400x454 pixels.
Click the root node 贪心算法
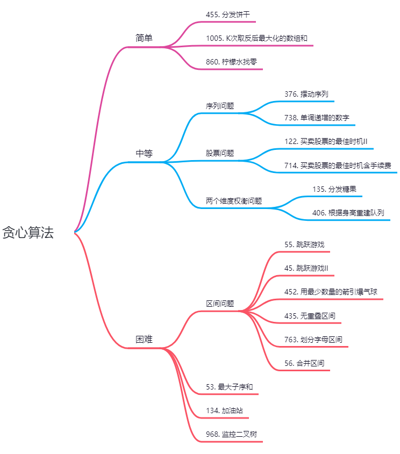pyautogui.click(x=28, y=233)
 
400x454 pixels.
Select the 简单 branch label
pyautogui.click(x=144, y=38)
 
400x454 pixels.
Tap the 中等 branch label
pyautogui.click(x=144, y=153)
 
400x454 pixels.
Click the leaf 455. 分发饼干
pyautogui.click(x=228, y=15)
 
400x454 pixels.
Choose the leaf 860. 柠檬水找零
pyautogui.click(x=231, y=62)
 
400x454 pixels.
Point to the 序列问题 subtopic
pyautogui.click(x=220, y=106)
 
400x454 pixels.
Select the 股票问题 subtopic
pyautogui.click(x=220, y=153)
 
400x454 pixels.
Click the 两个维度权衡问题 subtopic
pyautogui.click(x=234, y=201)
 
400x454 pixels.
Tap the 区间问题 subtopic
pyautogui.click(x=220, y=304)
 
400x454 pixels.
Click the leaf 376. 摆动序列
pyautogui.click(x=306, y=94)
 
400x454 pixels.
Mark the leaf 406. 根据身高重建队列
pyautogui.click(x=348, y=213)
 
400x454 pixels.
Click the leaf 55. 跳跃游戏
pyautogui.click(x=304, y=244)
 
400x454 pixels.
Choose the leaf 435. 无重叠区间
pyautogui.click(x=310, y=316)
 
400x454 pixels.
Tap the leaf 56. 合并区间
pyautogui.click(x=304, y=363)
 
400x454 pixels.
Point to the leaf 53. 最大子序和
pyautogui.click(x=230, y=387)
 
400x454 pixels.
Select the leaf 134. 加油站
pyautogui.click(x=224, y=410)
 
